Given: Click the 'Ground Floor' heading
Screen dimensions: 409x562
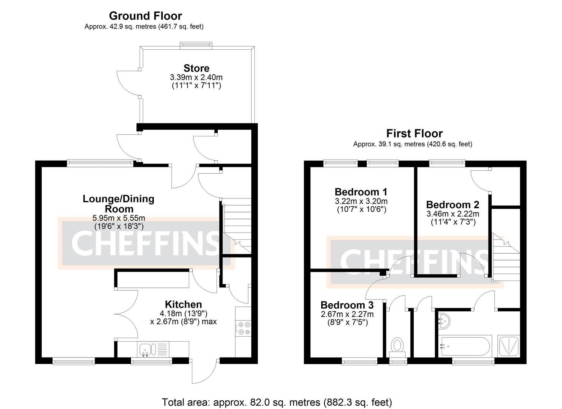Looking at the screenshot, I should [145, 16].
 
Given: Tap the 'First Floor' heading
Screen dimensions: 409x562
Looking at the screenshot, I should [414, 134].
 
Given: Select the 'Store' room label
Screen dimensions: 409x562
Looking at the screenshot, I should [196, 69].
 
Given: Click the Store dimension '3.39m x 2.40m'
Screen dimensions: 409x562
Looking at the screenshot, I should [196, 77].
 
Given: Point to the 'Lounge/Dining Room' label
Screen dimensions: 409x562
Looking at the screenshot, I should [118, 204].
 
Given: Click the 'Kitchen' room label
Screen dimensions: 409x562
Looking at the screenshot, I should [183, 304].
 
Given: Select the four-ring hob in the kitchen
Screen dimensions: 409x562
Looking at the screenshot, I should [243, 328].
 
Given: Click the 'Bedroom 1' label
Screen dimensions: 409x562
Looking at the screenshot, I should [361, 192].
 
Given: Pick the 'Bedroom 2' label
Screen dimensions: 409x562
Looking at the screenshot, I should [452, 205].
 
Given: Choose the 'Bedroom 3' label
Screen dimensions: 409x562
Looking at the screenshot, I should [347, 305].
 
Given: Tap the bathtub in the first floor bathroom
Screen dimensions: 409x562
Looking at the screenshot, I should [465, 346].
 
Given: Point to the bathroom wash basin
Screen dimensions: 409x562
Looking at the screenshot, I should [444, 320].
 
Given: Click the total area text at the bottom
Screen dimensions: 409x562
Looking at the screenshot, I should [277, 402].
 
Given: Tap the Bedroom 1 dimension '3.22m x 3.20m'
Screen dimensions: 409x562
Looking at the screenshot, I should [361, 201].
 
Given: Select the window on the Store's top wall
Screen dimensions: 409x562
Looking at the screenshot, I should [196, 45].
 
